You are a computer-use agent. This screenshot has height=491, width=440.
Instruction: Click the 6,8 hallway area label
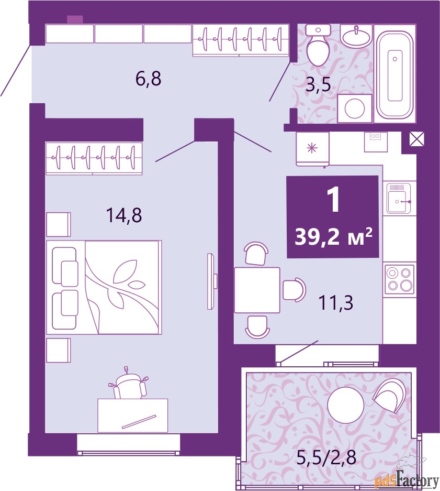coord(148,80)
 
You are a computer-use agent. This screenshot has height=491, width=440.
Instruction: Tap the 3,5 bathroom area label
coord(318,85)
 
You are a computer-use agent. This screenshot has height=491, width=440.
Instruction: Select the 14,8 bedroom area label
coord(125,215)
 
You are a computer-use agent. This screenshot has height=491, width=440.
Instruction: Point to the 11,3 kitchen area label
coord(336,302)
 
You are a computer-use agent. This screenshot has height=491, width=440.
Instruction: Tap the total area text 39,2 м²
coord(333,237)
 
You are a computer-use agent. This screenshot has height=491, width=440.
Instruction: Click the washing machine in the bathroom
coord(355,108)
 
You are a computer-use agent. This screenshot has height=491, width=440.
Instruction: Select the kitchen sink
coord(400,198)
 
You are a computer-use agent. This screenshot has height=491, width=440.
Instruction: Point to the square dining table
coord(257,290)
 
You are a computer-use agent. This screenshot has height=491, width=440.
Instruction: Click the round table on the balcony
coord(345,404)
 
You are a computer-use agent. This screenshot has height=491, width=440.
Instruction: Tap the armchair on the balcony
coord(390,394)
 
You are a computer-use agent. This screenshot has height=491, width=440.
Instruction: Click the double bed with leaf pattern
coord(104,287)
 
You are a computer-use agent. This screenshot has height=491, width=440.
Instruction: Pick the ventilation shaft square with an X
coord(416,139)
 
